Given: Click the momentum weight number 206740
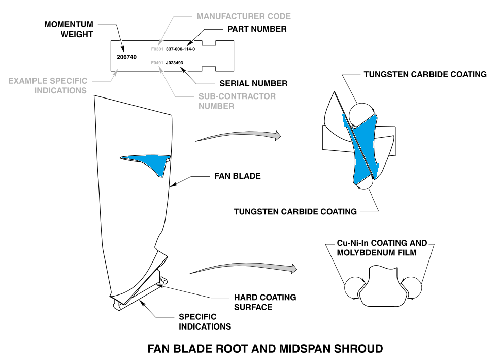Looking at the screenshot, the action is (x=126, y=57).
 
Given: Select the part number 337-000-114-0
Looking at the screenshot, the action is (x=180, y=49).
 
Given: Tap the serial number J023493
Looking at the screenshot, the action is (x=174, y=63).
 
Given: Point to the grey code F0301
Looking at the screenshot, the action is (x=157, y=49).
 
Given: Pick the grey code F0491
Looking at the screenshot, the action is (x=157, y=63).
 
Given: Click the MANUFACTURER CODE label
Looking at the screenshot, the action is (x=244, y=16).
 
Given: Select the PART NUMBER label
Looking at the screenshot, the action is (x=257, y=29).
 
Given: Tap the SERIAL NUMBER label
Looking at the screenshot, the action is (x=253, y=83).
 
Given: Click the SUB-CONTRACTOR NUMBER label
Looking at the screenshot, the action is (x=237, y=101).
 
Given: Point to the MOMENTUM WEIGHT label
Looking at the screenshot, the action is (x=69, y=29).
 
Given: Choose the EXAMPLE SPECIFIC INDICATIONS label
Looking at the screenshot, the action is (x=48, y=86).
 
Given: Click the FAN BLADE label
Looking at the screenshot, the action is (x=238, y=176).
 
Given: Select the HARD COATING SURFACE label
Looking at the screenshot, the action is (x=265, y=302).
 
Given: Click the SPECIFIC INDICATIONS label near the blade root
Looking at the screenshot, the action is (x=205, y=322).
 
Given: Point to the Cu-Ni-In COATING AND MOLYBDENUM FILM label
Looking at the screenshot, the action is (x=382, y=248).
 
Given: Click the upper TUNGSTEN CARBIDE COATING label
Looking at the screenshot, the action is (x=425, y=74).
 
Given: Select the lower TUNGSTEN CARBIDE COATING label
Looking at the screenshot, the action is (x=295, y=212).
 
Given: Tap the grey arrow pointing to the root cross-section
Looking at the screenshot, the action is (x=244, y=267).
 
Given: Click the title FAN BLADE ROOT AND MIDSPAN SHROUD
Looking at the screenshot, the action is (x=265, y=349).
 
